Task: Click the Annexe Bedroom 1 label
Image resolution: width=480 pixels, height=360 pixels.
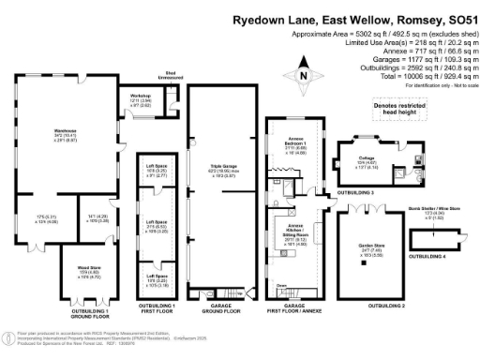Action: (x=295, y=148)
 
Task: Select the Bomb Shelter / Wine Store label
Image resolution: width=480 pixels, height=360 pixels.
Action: (x=430, y=211)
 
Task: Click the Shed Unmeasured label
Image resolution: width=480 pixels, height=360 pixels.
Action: (x=172, y=76)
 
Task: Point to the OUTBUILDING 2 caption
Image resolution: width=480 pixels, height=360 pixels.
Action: (x=386, y=306)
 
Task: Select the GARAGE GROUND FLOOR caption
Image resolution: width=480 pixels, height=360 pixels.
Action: (x=220, y=308)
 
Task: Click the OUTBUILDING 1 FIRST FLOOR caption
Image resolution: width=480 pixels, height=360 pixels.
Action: (x=157, y=308)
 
